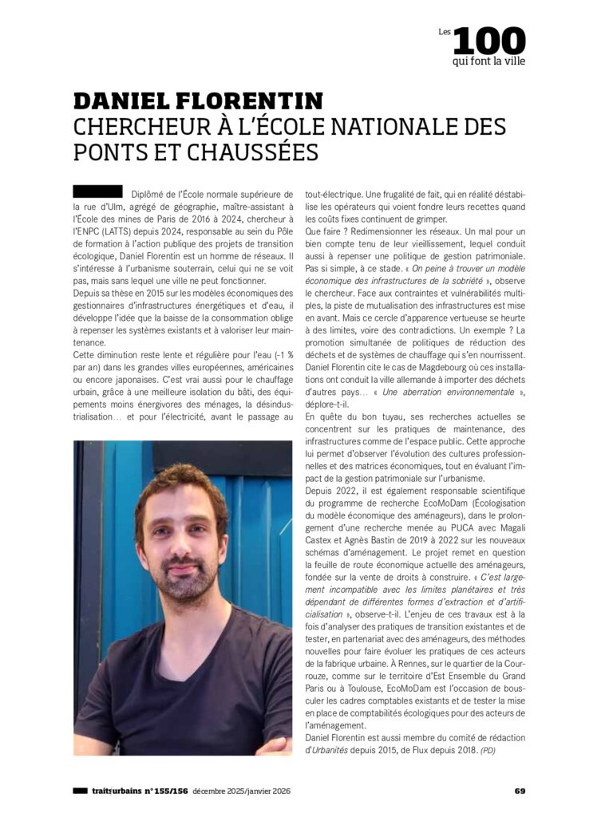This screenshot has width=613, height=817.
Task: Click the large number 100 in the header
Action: click(490, 41)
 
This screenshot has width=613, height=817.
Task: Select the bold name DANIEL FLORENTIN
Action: click(198, 101)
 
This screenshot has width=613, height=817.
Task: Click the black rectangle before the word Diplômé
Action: click(97, 191)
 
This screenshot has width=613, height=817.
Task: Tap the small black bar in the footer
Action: click(80, 791)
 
